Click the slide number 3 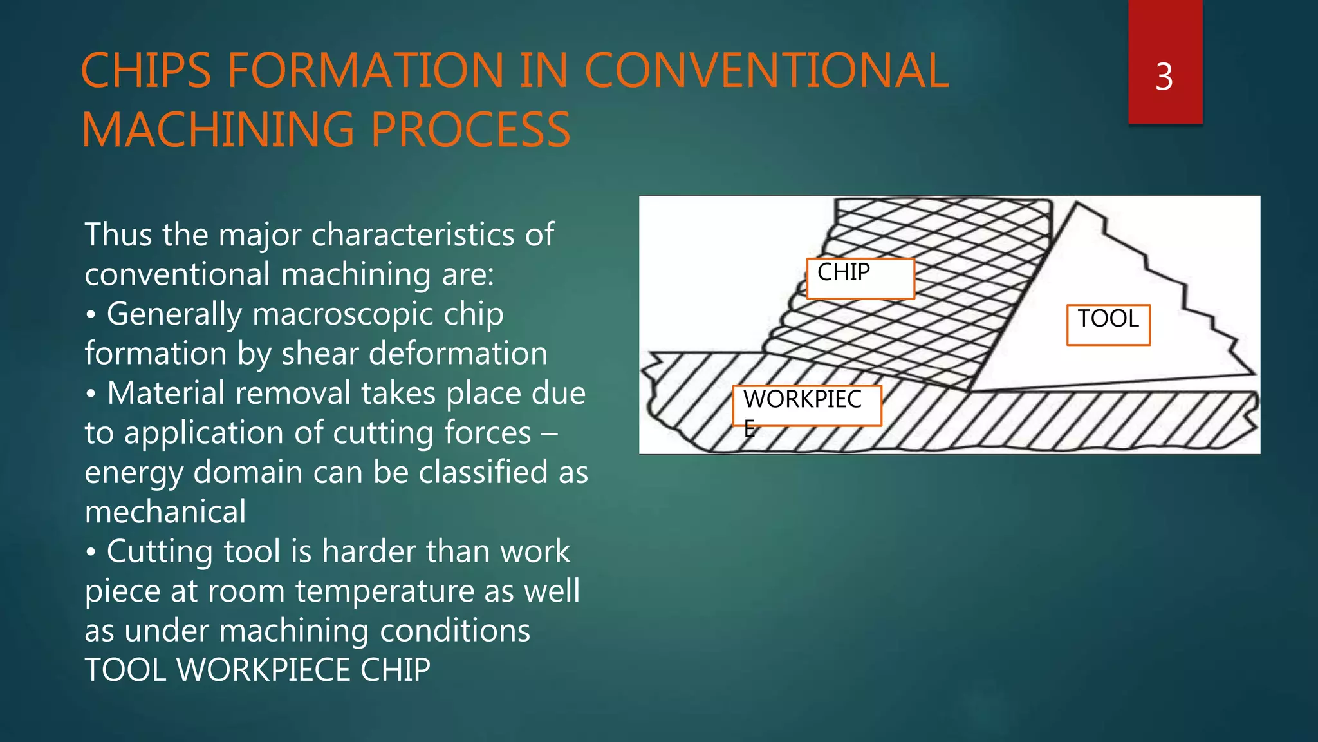[x=1164, y=77]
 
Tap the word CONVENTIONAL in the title [x=766, y=71]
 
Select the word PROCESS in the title [x=470, y=130]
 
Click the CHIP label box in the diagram [x=860, y=278]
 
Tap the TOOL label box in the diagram [x=1108, y=325]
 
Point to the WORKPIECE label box [x=806, y=406]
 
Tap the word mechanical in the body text [x=165, y=513]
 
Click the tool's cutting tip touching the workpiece [x=969, y=390]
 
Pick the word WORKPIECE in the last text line [x=264, y=671]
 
